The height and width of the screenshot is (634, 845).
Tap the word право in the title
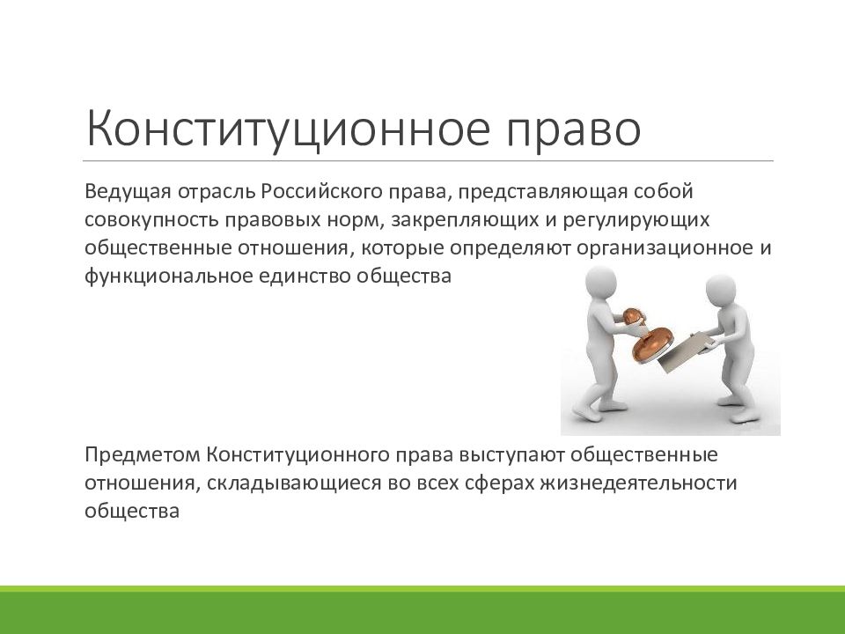573,129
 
